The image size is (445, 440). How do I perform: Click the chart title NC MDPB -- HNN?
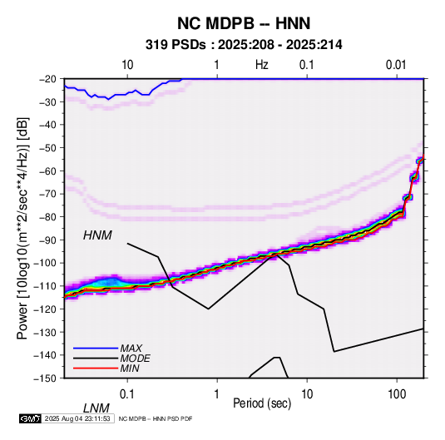click(x=244, y=23)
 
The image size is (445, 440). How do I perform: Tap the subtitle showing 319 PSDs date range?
click(x=244, y=45)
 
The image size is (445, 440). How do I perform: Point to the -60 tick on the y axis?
click(x=47, y=171)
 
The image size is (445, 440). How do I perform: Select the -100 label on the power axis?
click(x=45, y=263)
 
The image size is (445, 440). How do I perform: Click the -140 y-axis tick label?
click(x=45, y=355)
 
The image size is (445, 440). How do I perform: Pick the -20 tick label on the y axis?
click(x=47, y=79)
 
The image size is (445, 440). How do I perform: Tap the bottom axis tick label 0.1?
click(x=127, y=394)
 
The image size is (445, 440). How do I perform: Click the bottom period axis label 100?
click(x=397, y=394)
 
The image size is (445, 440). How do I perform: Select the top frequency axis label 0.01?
click(x=396, y=65)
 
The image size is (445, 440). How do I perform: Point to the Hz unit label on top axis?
click(x=262, y=65)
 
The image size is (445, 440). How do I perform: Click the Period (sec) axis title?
click(x=262, y=403)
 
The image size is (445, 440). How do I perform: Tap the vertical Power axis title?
click(x=22, y=228)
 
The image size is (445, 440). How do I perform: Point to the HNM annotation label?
click(x=97, y=235)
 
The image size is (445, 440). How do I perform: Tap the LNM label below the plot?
click(x=96, y=408)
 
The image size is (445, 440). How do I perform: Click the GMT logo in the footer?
click(x=30, y=418)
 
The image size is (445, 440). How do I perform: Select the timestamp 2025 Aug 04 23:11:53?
click(x=77, y=418)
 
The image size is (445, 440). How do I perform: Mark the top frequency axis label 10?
click(x=127, y=65)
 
